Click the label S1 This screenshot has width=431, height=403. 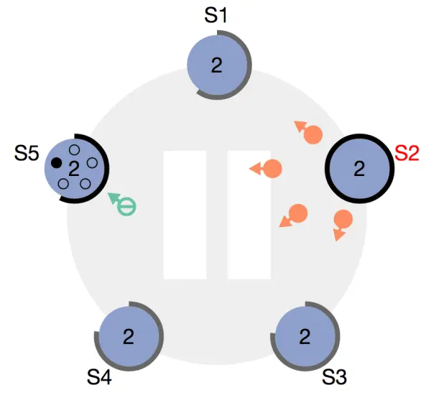[x=216, y=15]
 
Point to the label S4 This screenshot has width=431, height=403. [x=99, y=376]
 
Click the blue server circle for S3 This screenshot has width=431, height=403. [x=305, y=335]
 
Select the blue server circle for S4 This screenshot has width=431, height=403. [x=129, y=335]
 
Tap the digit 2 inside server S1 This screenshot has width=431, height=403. [x=216, y=65]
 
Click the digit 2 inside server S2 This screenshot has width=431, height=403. [x=359, y=170]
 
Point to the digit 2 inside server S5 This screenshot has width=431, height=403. [x=73, y=169]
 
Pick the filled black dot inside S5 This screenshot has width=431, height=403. [x=56, y=162]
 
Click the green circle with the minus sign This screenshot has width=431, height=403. [x=126, y=207]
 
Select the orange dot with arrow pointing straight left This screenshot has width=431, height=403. [x=272, y=169]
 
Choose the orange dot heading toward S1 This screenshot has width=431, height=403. [x=313, y=134]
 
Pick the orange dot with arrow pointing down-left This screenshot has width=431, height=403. [x=298, y=213]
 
